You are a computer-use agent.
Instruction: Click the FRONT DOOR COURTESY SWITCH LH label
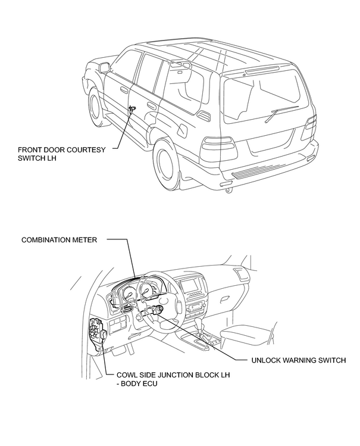pyautogui.click(x=61, y=154)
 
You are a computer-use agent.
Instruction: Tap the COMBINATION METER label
pyautogui.click(x=59, y=240)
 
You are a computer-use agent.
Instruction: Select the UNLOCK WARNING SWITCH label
pyautogui.click(x=299, y=360)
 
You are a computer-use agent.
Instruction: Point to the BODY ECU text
pyautogui.click(x=139, y=383)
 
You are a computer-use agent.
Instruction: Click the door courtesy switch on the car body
pyautogui.click(x=132, y=108)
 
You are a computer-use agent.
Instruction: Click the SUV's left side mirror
pyautogui.click(x=105, y=67)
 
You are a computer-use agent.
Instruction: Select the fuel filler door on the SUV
pyautogui.click(x=181, y=129)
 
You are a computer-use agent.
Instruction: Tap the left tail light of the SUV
pyautogui.click(x=219, y=148)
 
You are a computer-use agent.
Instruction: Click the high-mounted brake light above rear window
pyautogui.click(x=262, y=70)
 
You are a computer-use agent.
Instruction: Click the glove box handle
pyautogui.click(x=225, y=299)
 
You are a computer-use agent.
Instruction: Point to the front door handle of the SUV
pyautogui.click(x=124, y=90)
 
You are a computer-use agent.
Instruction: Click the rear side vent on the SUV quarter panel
pyautogui.click(x=204, y=115)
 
